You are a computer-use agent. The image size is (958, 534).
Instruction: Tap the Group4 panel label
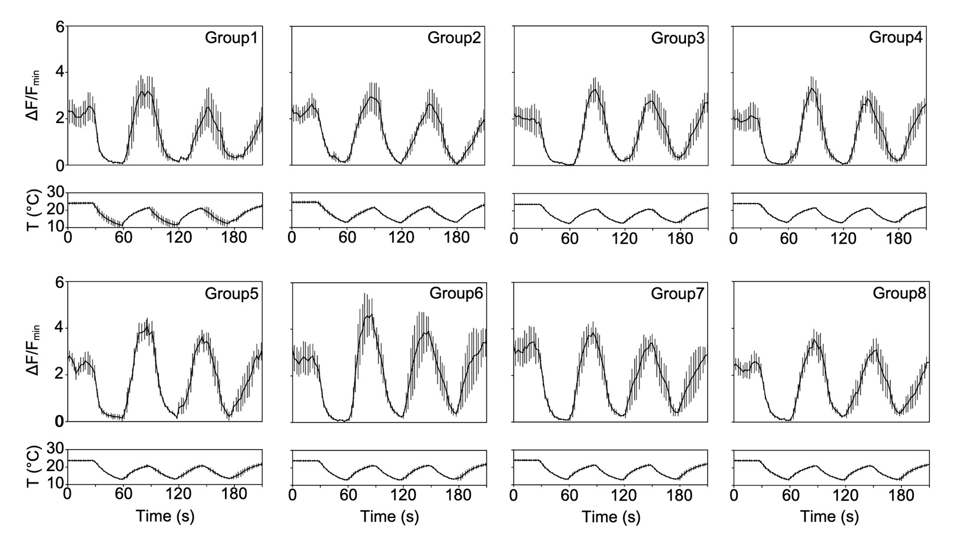tap(896, 38)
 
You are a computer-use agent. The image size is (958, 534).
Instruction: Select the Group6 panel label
tap(456, 293)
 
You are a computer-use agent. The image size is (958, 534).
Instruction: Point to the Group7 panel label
tap(678, 293)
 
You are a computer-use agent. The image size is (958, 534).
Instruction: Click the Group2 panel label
tap(454, 38)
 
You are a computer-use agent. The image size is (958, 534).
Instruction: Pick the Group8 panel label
tap(899, 293)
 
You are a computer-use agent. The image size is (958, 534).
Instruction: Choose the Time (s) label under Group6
tap(389, 517)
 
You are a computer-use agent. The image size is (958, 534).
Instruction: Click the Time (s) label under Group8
tap(829, 517)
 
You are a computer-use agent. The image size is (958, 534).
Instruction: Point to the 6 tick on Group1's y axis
tap(59, 27)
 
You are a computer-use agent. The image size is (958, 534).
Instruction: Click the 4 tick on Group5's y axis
tap(59, 329)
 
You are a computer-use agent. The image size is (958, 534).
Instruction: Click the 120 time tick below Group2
tap(402, 238)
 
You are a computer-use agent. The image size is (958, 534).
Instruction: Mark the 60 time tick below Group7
tap(569, 495)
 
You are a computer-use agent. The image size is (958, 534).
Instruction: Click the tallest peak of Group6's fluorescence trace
tap(369, 316)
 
